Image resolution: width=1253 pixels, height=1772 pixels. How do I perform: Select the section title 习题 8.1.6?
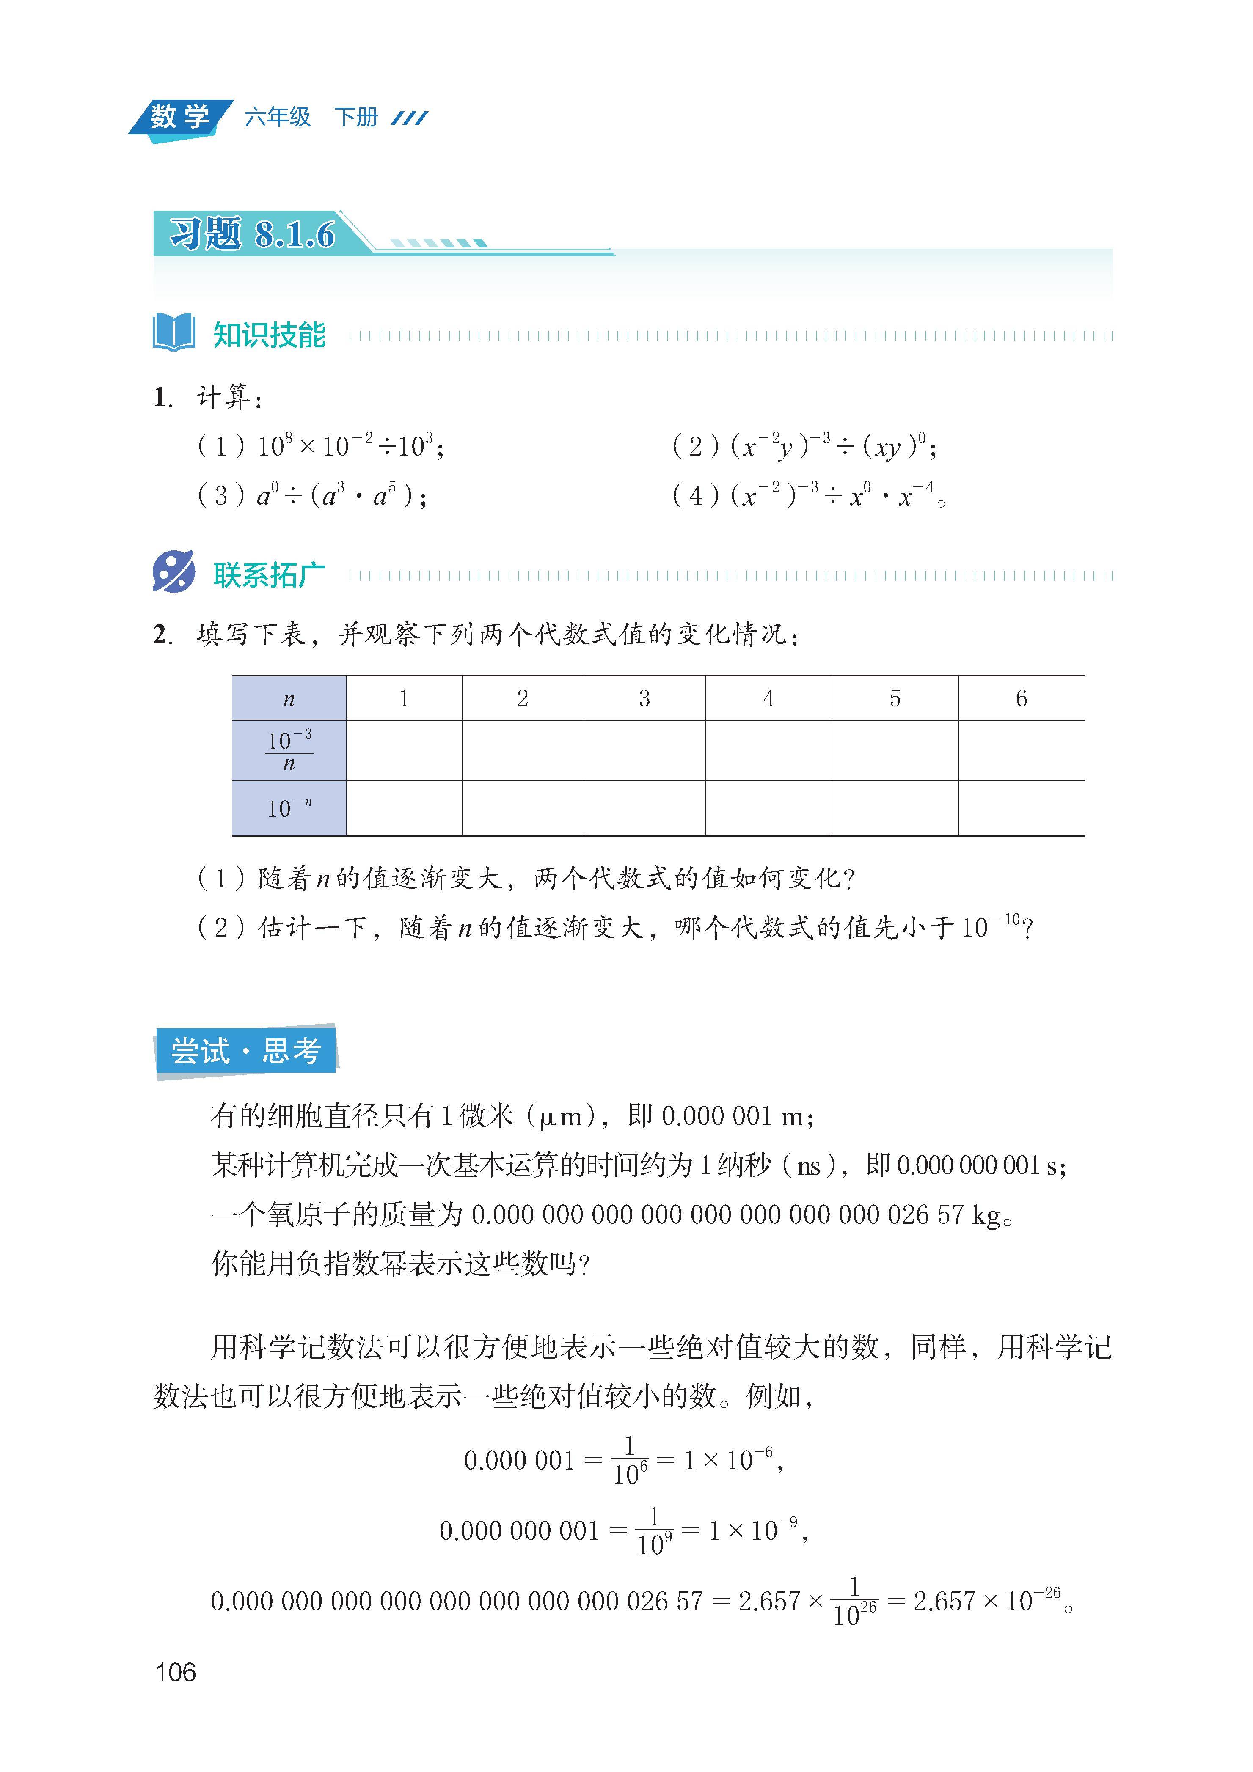(x=253, y=233)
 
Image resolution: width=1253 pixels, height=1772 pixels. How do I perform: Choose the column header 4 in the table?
(x=768, y=698)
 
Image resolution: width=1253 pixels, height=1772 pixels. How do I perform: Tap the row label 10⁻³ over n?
(x=289, y=750)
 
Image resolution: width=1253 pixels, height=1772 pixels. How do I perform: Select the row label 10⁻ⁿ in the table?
(x=289, y=808)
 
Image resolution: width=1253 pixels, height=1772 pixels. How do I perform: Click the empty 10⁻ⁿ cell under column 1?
(x=404, y=808)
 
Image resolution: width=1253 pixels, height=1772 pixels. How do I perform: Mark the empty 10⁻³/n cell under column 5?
(x=895, y=750)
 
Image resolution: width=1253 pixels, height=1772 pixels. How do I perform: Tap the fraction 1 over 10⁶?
(x=630, y=1460)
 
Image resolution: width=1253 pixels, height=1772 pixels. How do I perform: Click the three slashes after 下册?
(x=409, y=118)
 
